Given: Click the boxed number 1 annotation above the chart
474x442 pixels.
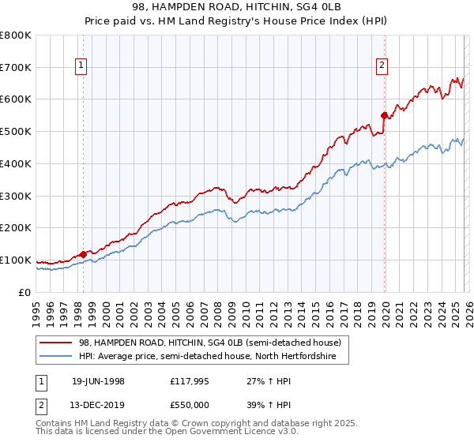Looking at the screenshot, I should click(x=81, y=66).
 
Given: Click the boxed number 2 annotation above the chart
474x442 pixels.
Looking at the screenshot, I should click(x=382, y=66).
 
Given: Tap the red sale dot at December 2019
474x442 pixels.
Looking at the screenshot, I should click(x=385, y=115).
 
